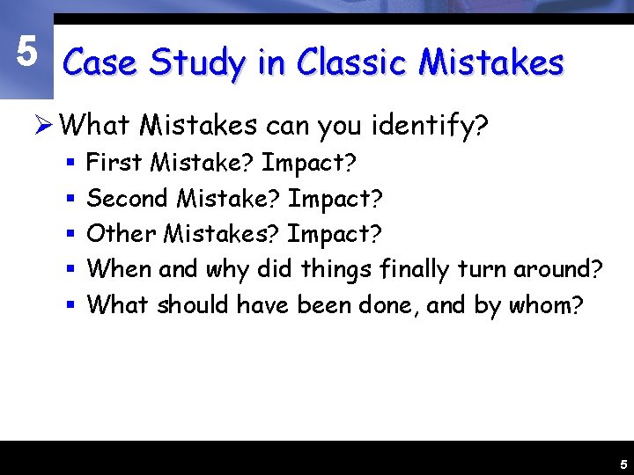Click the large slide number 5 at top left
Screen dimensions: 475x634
pos(27,53)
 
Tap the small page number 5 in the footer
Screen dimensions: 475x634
pos(623,464)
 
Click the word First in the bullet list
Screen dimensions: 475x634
pos(116,163)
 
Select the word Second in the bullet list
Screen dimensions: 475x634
pos(127,198)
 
